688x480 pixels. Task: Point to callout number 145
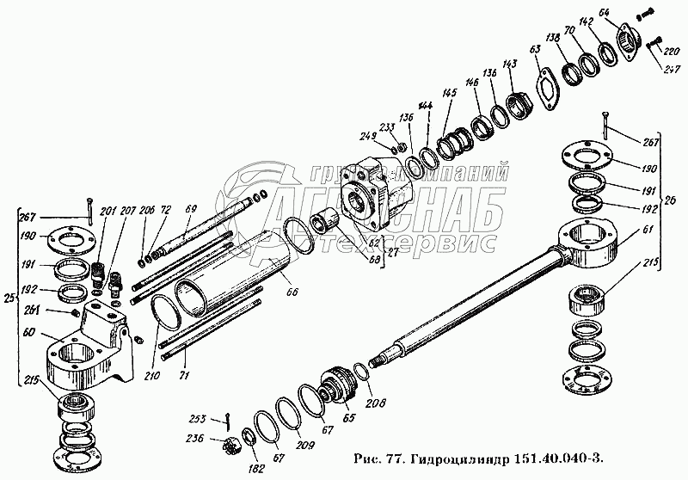click(x=450, y=94)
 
